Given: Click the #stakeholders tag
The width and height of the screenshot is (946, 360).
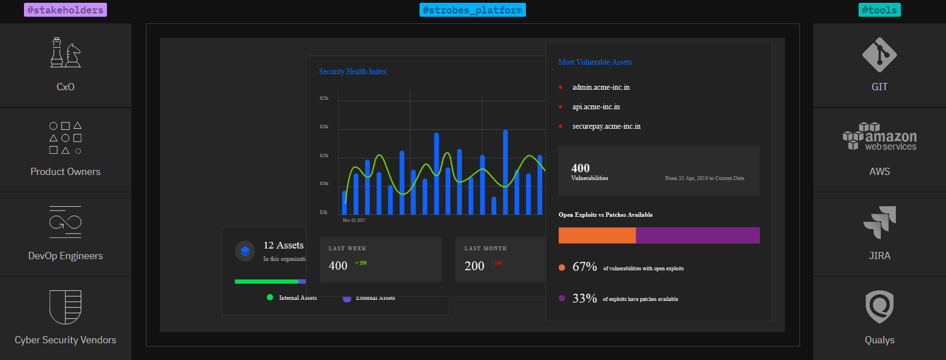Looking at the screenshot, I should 65,10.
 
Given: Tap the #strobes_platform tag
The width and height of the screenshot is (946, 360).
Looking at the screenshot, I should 472,10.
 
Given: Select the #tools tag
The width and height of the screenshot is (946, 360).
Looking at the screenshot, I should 879,10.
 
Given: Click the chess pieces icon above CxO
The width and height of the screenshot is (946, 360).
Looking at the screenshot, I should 66,53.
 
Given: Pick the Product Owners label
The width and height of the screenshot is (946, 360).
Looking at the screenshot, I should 65,172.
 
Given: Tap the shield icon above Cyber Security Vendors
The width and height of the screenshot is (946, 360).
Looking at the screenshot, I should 65,307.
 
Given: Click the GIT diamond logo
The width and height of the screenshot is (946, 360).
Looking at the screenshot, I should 879,55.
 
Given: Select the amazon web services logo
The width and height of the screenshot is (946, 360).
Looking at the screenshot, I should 879,137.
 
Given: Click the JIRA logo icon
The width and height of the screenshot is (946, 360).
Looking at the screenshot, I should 880,222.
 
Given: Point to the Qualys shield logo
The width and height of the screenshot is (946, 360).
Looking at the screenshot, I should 879,307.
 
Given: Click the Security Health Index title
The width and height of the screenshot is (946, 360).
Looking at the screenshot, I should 353,72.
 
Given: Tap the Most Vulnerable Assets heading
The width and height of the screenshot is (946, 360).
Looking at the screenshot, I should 595,62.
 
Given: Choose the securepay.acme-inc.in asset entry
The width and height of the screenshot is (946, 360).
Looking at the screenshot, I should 606,127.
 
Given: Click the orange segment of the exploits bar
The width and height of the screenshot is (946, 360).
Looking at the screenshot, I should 597,235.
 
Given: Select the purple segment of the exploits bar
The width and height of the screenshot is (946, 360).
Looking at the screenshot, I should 698,235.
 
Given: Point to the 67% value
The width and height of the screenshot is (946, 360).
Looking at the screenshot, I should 584,267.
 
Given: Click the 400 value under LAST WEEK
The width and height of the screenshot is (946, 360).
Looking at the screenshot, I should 338,266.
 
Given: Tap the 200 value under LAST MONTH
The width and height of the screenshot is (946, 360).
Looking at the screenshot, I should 474,266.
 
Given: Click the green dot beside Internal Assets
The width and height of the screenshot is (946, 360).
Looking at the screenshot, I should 270,298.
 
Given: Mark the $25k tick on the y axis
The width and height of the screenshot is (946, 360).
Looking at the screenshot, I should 324,98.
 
